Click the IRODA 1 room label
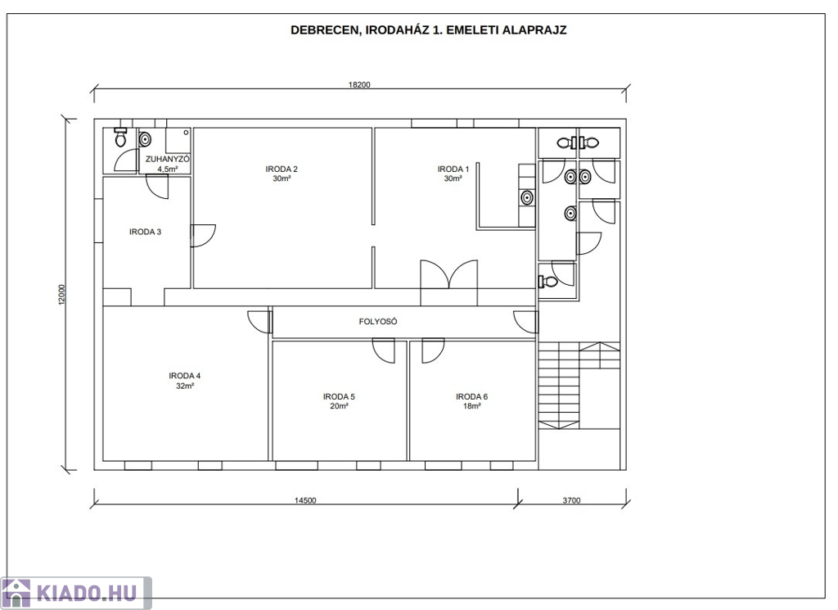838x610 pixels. coord(453,169)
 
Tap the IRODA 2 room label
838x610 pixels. coord(282,169)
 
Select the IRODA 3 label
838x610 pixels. coord(145,232)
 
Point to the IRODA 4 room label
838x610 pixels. coord(184,376)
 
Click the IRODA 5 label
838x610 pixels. coord(339,396)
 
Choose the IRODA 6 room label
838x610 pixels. coord(472,396)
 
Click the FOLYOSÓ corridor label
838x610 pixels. coord(378,321)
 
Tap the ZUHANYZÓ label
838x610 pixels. coord(167,160)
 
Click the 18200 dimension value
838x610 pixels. coord(359,84)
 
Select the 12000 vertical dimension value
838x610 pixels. coord(61,295)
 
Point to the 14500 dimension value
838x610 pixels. coord(305,500)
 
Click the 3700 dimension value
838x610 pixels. coord(571,500)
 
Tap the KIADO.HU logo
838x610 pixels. coord(76,594)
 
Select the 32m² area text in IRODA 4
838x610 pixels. coord(184,386)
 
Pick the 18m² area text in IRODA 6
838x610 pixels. coord(472,406)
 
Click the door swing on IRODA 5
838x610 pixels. coord(383,350)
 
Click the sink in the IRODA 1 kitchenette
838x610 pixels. coord(527,198)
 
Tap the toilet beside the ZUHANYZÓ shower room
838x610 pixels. coord(120,138)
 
